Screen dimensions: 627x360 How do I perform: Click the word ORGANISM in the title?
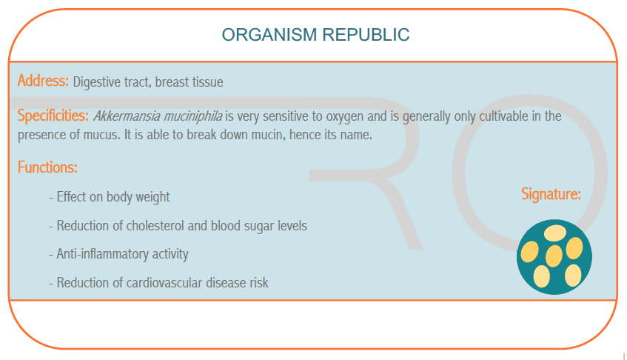[x=269, y=35]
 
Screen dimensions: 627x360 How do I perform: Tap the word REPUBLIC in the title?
[x=366, y=35]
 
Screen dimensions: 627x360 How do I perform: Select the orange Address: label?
[x=43, y=81]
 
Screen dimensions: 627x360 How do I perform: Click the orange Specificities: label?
[x=53, y=116]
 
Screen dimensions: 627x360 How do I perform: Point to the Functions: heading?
[x=47, y=167]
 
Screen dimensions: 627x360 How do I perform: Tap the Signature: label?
[x=551, y=194]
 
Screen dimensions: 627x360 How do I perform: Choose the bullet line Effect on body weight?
[x=109, y=197]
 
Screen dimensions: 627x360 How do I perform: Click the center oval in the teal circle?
[x=554, y=256]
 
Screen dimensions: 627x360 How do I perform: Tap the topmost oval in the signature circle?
[x=555, y=233]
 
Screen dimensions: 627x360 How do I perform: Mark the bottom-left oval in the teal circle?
[x=542, y=276]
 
